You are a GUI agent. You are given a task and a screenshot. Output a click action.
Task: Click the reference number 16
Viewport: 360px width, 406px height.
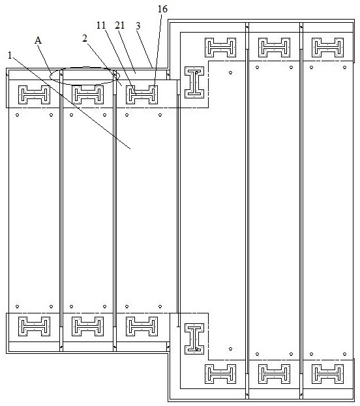tap(162, 9)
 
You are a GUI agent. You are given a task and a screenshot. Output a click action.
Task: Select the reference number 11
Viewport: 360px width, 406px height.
tap(101, 25)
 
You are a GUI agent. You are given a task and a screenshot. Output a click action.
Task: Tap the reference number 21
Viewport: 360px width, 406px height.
tap(120, 25)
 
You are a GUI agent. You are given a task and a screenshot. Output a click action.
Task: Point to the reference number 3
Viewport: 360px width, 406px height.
tap(138, 26)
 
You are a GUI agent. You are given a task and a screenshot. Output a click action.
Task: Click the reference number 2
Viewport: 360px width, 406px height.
tap(85, 38)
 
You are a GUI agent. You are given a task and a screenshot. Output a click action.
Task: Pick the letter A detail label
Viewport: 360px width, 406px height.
tap(38, 40)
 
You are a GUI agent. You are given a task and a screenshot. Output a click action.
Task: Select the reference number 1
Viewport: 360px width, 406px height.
tap(10, 55)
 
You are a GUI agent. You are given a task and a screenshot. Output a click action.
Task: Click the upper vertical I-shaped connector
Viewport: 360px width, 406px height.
tap(194, 82)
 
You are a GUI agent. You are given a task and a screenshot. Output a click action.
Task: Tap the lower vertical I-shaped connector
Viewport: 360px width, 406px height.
tap(194, 339)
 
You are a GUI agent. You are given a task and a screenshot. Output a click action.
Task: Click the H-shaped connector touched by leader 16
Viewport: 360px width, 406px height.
tap(142, 94)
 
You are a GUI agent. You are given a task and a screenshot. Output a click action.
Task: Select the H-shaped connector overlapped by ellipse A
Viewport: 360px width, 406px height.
tap(87, 94)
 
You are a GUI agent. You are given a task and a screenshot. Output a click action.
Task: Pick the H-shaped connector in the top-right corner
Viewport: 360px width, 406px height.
tap(327, 48)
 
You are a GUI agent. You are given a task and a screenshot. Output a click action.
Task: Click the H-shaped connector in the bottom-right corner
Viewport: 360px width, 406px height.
tap(327, 374)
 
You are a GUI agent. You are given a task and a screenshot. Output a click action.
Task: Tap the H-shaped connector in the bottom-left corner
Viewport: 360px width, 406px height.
tap(34, 326)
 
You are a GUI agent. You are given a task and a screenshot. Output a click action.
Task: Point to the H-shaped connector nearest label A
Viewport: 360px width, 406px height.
tap(34, 94)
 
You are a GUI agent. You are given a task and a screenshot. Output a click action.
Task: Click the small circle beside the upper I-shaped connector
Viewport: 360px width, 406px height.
tap(230, 72)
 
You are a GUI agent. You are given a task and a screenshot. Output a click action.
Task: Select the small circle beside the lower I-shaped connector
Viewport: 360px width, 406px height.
tap(230, 349)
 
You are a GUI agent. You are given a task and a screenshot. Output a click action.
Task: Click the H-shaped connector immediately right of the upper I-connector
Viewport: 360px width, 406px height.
tap(220, 48)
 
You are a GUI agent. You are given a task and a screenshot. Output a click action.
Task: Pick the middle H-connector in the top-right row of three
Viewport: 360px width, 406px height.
tap(274, 48)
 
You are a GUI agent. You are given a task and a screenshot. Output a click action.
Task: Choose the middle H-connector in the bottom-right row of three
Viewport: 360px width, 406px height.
tap(274, 374)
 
